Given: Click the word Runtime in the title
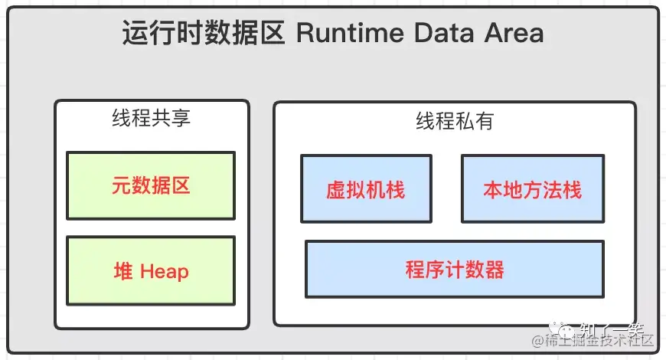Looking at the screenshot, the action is [350, 33].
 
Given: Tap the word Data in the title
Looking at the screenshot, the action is [444, 33].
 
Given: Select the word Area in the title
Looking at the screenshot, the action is [514, 33].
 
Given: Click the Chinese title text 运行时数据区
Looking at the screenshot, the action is [203, 33].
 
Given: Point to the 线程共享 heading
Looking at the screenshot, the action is [152, 118].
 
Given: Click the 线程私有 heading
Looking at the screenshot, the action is [455, 121].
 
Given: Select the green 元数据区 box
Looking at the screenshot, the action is [151, 185].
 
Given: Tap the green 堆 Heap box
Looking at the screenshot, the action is [151, 270].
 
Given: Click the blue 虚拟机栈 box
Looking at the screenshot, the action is [366, 188].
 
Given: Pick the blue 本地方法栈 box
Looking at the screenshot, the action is [533, 188].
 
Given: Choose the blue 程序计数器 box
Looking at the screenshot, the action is [455, 269].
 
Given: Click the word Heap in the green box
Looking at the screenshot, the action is [164, 272].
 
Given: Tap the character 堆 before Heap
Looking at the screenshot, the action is [123, 271].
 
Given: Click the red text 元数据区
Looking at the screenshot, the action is [151, 185].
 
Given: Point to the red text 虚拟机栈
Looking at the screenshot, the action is [366, 189].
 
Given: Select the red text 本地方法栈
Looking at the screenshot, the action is [533, 189].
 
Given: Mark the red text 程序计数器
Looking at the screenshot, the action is [455, 269].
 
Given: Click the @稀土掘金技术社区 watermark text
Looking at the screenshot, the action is [593, 340].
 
